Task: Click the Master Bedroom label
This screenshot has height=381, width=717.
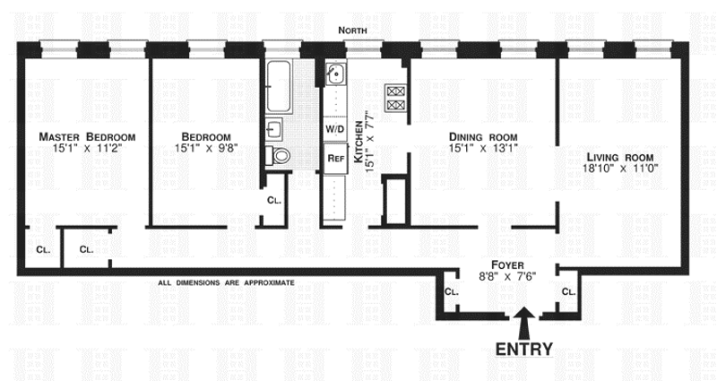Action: coord(86,136)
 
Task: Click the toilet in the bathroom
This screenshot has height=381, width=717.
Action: coord(281,155)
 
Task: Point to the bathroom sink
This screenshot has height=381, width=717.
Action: coord(274,126)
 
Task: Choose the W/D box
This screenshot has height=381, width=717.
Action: coord(335,128)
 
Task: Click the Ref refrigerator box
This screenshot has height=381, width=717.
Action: coord(335,159)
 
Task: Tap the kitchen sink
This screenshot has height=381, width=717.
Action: coord(335,74)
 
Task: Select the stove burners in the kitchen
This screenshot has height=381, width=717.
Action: coord(395,96)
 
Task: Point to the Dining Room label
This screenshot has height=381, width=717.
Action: coord(484,136)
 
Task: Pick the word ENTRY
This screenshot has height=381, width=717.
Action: coord(525,349)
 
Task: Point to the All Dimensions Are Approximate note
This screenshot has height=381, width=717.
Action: coord(226,282)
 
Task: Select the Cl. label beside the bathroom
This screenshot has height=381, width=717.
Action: coord(274,199)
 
